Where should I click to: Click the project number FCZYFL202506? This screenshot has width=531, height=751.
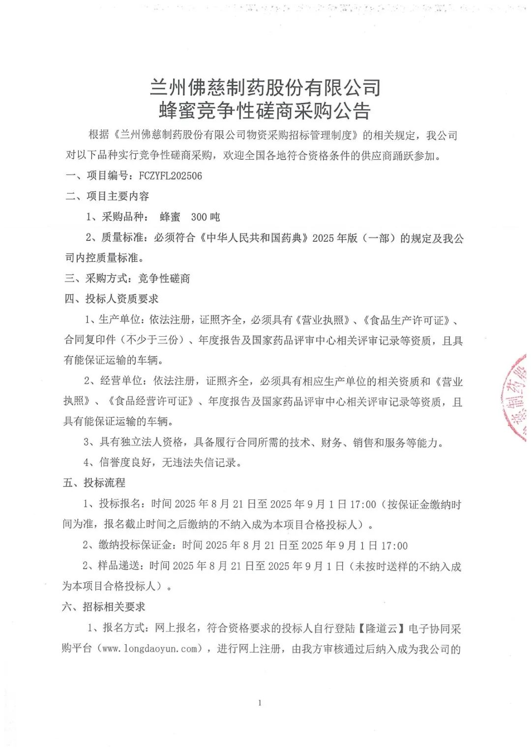170,176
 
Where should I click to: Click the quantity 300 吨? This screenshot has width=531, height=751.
205,217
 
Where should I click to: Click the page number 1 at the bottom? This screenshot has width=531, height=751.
260,703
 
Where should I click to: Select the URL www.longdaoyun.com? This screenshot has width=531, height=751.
150,649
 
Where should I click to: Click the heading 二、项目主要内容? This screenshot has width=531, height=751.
107,197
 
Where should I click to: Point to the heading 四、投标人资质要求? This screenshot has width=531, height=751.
112,299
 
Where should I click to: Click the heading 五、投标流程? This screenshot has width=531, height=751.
94,483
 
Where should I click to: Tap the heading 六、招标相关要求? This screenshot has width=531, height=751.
104,607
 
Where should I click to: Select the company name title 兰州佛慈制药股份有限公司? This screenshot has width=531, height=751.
265,88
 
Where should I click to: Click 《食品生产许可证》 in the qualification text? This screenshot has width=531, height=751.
407,320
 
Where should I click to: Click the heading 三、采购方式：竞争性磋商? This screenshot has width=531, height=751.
127,279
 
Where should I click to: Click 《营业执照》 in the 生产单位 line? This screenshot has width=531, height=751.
322,320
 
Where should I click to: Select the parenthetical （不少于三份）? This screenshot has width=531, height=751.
155,340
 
